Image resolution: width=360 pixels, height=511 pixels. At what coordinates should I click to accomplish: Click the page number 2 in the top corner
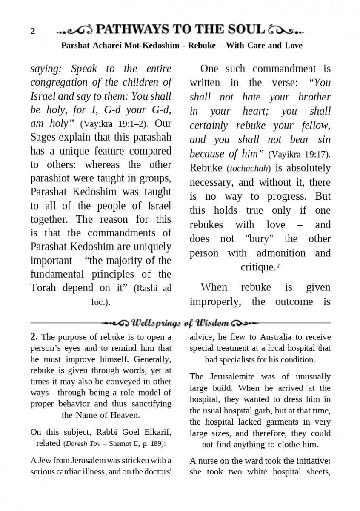coord(33,32)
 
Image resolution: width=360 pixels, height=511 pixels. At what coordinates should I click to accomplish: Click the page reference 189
coord(157,443)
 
